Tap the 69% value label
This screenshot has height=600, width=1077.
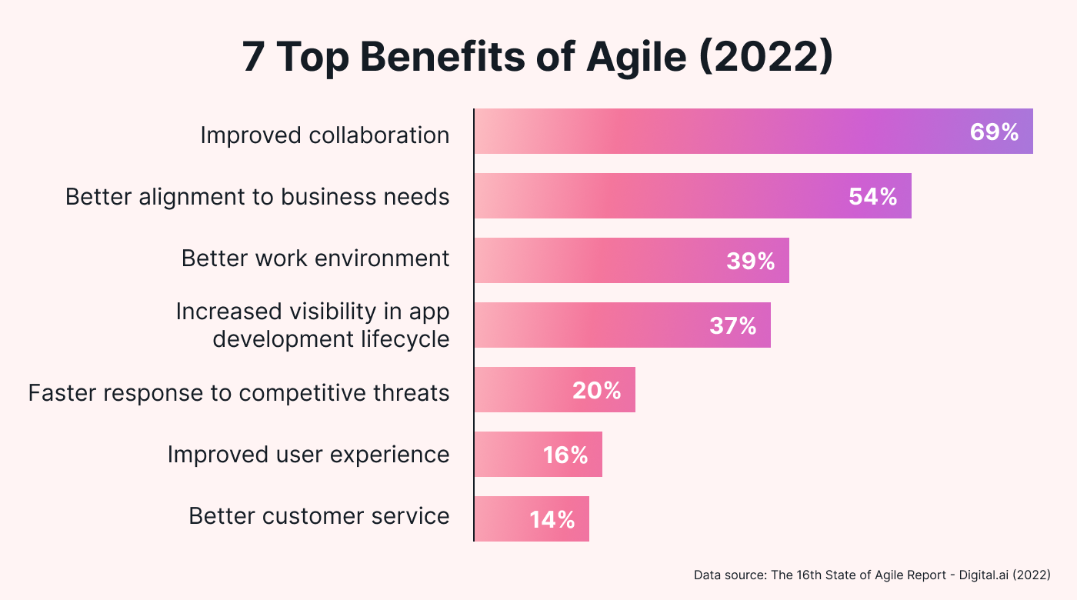[994, 132]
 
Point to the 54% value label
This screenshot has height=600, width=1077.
[873, 197]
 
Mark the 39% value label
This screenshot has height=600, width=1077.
[750, 262]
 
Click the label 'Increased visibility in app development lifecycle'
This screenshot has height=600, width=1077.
[312, 325]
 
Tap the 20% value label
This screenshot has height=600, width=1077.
[596, 391]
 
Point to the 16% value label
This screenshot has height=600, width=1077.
[565, 455]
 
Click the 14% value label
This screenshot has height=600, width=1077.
[552, 520]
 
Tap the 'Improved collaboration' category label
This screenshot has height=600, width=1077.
[325, 135]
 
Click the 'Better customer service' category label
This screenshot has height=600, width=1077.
[319, 515]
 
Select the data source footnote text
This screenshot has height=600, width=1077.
[872, 575]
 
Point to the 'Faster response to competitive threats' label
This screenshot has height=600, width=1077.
[238, 393]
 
